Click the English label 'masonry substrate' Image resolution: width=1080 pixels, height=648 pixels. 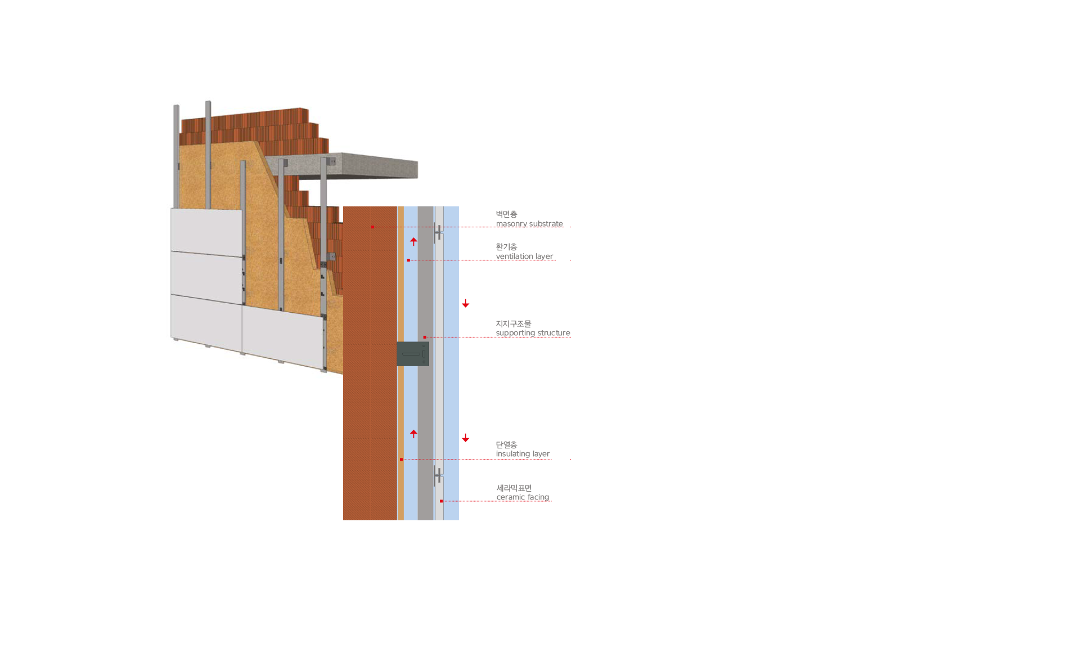point(529,224)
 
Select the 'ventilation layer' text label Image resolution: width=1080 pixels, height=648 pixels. point(524,256)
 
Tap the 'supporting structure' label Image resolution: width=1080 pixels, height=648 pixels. point(533,333)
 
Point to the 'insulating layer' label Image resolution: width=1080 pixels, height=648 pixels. point(523,454)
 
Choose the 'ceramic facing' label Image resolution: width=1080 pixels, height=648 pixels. point(523,497)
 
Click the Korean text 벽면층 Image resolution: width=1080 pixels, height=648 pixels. point(506,214)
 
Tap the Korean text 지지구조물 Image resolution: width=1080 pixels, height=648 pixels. point(514,324)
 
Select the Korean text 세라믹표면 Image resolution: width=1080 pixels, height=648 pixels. point(514,488)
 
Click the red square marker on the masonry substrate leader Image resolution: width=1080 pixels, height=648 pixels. point(372,227)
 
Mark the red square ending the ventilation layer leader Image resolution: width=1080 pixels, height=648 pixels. point(408,260)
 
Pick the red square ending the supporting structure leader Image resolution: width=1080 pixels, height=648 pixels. point(425,337)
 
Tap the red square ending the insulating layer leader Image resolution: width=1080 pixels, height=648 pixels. point(401,460)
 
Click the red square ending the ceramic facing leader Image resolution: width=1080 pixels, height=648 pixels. point(441,501)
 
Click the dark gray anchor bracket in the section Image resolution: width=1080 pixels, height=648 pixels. point(413,354)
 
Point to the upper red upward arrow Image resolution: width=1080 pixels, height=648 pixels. point(413,242)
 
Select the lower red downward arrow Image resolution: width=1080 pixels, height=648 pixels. point(466,438)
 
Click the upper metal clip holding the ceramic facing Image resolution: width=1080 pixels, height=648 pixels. point(438,232)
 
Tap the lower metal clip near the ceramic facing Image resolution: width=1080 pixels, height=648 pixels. point(438,476)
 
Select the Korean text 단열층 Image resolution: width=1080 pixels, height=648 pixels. point(506,445)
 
